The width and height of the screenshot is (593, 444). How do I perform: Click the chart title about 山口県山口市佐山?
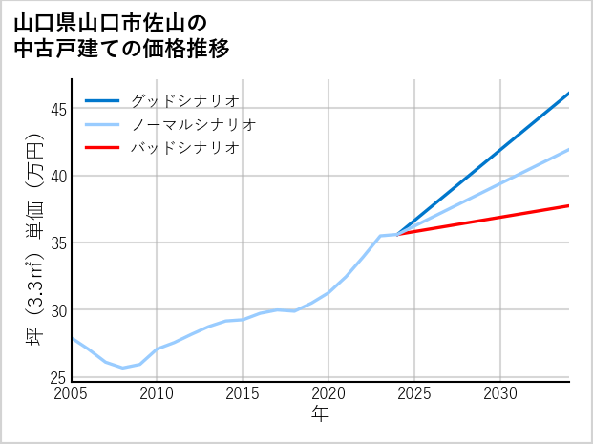(122, 35)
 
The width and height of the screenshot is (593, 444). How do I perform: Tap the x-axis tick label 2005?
(72, 393)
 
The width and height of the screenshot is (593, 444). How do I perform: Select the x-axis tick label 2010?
(158, 393)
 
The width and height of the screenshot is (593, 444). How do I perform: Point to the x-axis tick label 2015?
(244, 393)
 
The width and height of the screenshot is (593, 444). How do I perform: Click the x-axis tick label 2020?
(328, 393)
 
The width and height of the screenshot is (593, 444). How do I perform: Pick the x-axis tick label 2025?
(414, 393)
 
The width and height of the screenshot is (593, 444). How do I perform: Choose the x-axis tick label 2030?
(500, 393)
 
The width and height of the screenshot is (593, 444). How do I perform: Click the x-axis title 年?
(321, 414)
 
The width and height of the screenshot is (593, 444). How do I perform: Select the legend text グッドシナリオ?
(184, 100)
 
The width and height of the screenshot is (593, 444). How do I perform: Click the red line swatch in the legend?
(103, 148)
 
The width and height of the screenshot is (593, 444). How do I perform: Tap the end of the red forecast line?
(569, 205)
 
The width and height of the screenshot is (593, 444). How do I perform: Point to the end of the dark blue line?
(569, 94)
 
